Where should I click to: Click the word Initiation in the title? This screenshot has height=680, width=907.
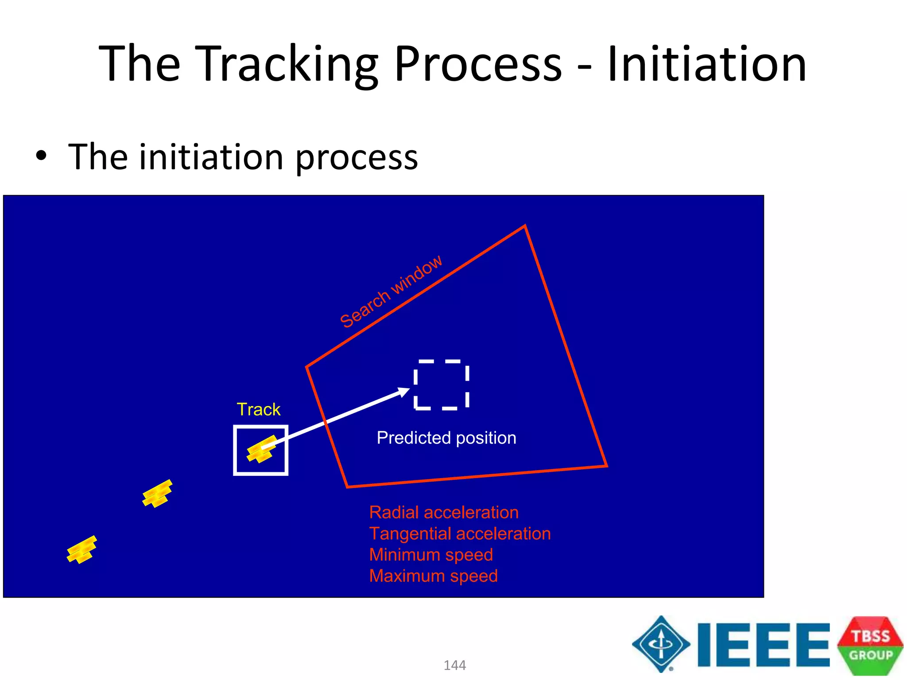(707, 65)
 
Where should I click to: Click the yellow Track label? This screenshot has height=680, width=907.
(258, 410)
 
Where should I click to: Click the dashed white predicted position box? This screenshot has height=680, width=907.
(441, 385)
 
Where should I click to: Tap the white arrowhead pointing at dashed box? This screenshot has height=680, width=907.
(404, 392)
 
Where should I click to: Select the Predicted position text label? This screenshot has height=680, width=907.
(446, 438)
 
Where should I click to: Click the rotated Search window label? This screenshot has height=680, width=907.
(391, 292)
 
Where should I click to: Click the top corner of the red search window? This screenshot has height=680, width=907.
(525, 227)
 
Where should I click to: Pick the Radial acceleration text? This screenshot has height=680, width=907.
(444, 512)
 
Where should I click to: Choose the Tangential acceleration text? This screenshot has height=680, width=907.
(460, 533)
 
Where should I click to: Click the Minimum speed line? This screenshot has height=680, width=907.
(431, 555)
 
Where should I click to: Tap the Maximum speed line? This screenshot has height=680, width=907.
(434, 576)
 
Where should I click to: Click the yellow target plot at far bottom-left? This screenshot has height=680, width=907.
(81, 549)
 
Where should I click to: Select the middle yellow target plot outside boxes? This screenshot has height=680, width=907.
(157, 494)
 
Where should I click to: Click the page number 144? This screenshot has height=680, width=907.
(454, 665)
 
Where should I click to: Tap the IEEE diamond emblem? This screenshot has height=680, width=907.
(661, 644)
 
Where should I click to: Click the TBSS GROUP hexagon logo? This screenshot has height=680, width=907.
(870, 645)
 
